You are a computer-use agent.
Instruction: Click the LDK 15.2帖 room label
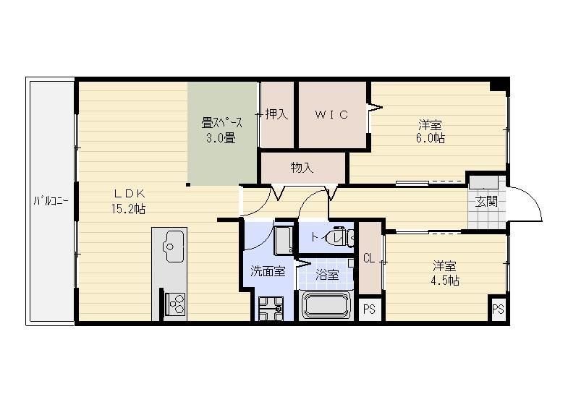coord(130,201)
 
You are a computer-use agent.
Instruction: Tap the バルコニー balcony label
coord(51,201)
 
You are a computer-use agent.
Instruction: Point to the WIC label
coord(332,114)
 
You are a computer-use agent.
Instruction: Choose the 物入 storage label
coord(302,168)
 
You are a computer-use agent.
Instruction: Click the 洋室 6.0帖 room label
coord(431,130)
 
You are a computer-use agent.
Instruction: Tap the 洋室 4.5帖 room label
coord(444,273)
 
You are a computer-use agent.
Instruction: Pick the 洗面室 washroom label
coord(268,272)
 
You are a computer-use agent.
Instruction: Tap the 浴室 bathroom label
coord(327,275)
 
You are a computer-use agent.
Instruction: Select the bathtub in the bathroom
coord(326,305)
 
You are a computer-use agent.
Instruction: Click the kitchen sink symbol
coord(171,246)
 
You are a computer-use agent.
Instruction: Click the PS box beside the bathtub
coord(369,309)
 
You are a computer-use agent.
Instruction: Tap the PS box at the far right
coord(498,309)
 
